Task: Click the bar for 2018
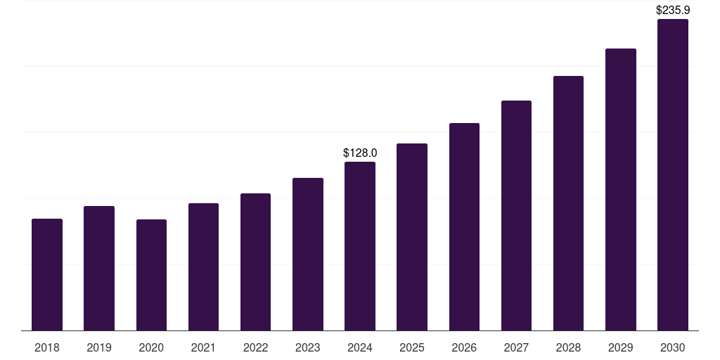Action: [x=47, y=274]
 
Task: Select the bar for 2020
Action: [x=151, y=275]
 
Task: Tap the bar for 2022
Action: [x=255, y=262]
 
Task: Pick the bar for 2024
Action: [x=360, y=246]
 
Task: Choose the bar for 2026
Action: [x=464, y=226]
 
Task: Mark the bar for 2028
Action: [x=568, y=203]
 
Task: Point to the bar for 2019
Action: [x=99, y=268]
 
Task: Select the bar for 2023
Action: [x=308, y=254]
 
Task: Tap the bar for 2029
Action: [x=621, y=189]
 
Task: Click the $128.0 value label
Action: [x=360, y=153]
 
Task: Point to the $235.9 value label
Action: [x=673, y=11]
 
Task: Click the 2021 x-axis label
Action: [x=203, y=347]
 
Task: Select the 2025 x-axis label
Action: [x=412, y=347]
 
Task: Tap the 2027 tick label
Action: [x=516, y=347]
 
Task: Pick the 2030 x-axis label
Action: [x=673, y=347]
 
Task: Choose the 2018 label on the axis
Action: [x=47, y=347]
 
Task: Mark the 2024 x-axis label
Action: [x=360, y=347]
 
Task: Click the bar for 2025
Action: [x=412, y=237]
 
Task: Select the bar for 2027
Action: [x=516, y=215]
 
